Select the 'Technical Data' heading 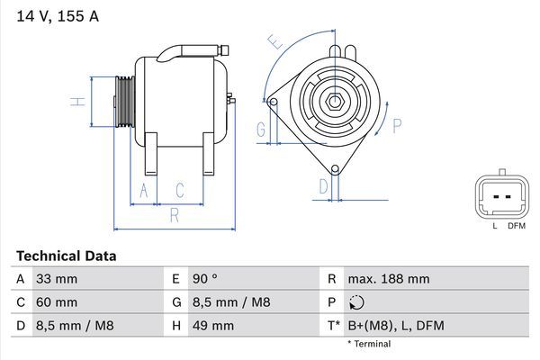pos(66,256)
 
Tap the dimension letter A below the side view pos(142,190)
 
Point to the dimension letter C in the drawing pos(180,190)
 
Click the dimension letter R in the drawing pos(174,215)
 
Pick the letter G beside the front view pos(260,130)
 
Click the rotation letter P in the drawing pos(396,125)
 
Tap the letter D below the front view pos(323,186)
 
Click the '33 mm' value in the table pos(56,279)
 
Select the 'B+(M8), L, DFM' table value pos(397,326)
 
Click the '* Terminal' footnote pos(369,344)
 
